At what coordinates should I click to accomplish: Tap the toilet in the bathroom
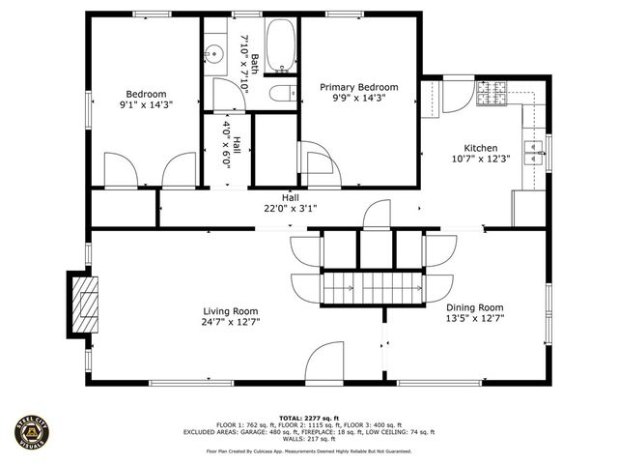point(282,94)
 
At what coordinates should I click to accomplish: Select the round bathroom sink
point(213,52)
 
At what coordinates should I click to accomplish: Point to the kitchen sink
point(531,147)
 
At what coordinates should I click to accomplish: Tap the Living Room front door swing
point(324,366)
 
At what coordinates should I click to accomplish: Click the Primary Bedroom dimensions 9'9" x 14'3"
point(358,100)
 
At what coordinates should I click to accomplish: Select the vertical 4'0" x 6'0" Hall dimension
point(228,144)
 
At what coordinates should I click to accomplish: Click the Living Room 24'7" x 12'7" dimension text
point(230,322)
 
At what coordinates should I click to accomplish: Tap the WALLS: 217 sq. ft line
point(308,440)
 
